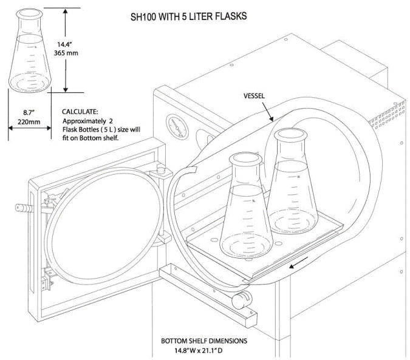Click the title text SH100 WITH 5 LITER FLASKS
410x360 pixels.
pos(189,16)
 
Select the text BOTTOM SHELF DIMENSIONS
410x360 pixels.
pos(203,341)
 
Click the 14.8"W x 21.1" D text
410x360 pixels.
pos(204,350)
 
